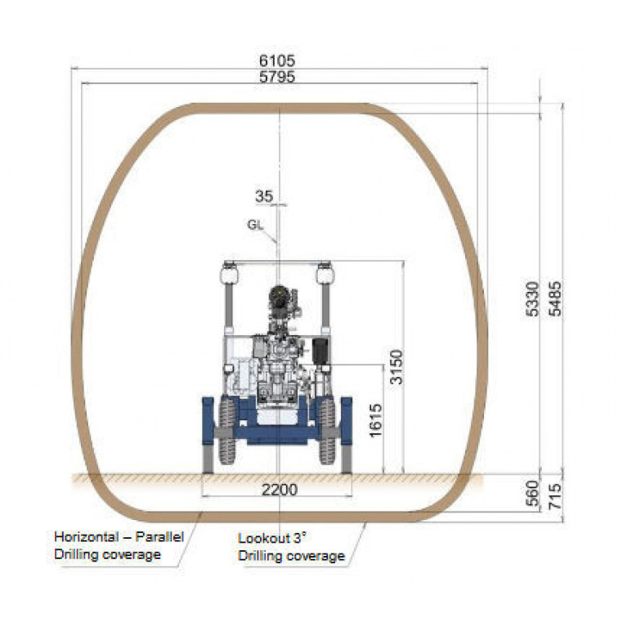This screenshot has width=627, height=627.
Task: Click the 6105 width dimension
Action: click(x=277, y=60)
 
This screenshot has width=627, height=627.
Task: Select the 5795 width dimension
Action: click(x=277, y=76)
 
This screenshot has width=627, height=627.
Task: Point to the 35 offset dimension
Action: click(x=264, y=196)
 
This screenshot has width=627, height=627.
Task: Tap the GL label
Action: click(x=256, y=225)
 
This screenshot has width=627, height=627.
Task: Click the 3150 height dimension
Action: click(x=396, y=367)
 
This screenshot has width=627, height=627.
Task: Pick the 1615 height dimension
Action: click(x=376, y=420)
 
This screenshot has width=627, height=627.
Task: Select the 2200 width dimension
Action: click(x=280, y=490)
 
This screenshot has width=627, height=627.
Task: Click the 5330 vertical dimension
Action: click(x=532, y=298)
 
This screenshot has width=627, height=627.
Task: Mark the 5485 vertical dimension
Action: click(x=554, y=298)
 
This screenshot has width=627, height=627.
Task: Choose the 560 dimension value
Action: click(x=532, y=493)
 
